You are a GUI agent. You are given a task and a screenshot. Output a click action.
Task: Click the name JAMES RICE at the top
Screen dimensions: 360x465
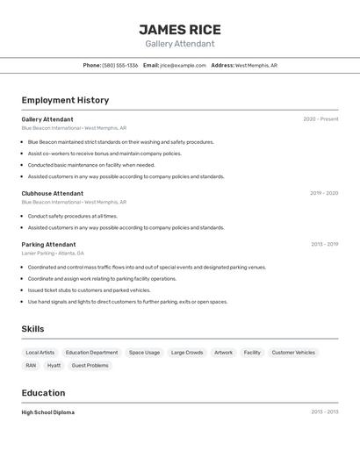coord(180,29)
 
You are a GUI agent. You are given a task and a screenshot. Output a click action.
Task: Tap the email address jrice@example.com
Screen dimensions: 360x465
coord(183,65)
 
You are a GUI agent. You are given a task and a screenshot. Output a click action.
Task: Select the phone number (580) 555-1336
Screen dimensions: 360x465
coord(120,65)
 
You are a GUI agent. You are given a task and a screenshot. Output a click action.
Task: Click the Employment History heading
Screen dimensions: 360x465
coord(65,100)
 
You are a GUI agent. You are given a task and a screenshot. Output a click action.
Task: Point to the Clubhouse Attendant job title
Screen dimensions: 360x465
coord(53,193)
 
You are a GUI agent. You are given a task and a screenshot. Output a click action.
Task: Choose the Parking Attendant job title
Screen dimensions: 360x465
coord(48,244)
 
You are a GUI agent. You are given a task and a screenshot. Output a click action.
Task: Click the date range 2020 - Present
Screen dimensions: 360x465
coord(320,119)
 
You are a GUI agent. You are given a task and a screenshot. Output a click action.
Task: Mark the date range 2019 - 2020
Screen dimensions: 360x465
coord(324,193)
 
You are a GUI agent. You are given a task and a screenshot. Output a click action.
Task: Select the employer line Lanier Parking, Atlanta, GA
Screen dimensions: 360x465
coord(53,253)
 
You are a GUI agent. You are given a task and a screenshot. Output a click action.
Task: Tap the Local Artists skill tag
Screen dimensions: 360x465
coord(40,353)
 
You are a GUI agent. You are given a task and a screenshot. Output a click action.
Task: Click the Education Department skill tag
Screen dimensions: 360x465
coord(91,353)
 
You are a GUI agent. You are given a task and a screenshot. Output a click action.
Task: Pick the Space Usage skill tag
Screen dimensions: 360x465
coord(144,353)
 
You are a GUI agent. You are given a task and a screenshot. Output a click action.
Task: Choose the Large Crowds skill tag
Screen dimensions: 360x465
coord(187,353)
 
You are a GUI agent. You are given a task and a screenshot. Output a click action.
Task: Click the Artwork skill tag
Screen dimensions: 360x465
coord(224,353)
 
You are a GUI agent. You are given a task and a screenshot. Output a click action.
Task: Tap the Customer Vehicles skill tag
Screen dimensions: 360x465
coord(293,353)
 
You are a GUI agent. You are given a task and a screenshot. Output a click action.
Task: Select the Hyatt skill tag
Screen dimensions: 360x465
coord(54,365)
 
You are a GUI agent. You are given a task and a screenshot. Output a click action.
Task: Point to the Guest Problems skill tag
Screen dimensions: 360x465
coord(90,365)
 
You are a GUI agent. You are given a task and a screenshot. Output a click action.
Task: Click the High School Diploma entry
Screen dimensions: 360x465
coord(48,412)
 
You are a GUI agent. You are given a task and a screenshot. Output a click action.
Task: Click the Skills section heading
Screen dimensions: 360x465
coord(32,329)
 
